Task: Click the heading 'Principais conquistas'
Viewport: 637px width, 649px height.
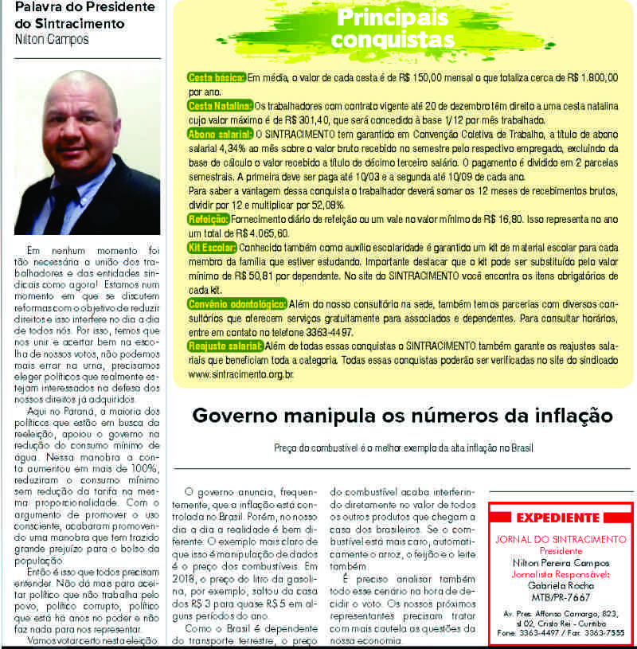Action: tap(393, 29)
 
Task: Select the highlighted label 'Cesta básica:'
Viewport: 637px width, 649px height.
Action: tap(216, 78)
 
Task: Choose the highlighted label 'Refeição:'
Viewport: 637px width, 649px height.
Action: tap(209, 219)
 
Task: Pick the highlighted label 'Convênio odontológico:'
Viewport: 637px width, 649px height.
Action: tap(237, 304)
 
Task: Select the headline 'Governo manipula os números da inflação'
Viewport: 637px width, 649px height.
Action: tap(403, 416)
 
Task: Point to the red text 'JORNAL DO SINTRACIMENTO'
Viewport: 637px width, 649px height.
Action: tap(560, 539)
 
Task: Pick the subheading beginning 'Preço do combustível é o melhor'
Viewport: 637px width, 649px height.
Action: tap(402, 448)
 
